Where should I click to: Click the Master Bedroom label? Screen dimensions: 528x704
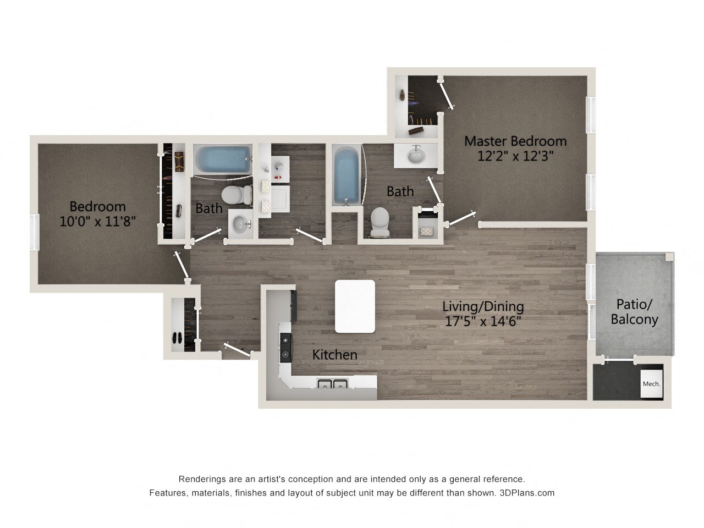pyautogui.click(x=515, y=141)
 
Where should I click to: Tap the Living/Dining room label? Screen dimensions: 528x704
pyautogui.click(x=483, y=306)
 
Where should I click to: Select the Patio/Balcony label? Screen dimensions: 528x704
pyautogui.click(x=634, y=311)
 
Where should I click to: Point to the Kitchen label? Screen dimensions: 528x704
pyautogui.click(x=334, y=355)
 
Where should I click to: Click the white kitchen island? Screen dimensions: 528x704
pyautogui.click(x=355, y=306)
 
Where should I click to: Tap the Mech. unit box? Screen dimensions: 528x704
pyautogui.click(x=651, y=383)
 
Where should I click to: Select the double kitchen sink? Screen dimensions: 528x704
pyautogui.click(x=332, y=384)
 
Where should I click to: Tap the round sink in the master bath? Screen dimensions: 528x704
pyautogui.click(x=416, y=155)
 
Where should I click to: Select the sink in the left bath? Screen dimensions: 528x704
pyautogui.click(x=239, y=223)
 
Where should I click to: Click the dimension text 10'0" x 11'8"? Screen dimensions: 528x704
pyautogui.click(x=97, y=221)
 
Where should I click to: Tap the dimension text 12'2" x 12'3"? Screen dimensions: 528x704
pyautogui.click(x=515, y=156)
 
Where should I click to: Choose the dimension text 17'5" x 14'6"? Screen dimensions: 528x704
pyautogui.click(x=483, y=321)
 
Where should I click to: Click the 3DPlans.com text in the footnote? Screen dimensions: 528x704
pyautogui.click(x=527, y=493)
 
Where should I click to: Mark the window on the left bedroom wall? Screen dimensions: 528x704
pyautogui.click(x=35, y=232)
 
